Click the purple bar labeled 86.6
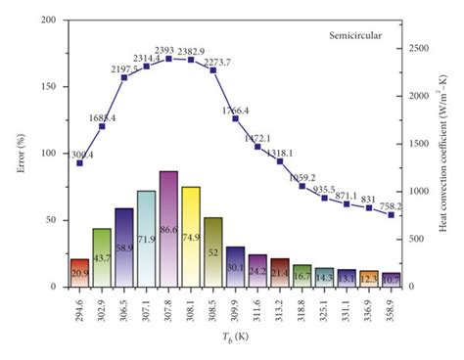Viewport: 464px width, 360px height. pos(168,229)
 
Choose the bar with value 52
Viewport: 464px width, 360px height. pos(213,252)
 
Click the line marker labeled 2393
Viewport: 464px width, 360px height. pos(168,59)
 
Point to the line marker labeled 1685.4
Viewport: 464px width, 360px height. pos(102,126)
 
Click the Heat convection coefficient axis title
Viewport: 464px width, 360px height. pos(445,153)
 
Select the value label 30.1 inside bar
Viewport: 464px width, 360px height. pos(236,268)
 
